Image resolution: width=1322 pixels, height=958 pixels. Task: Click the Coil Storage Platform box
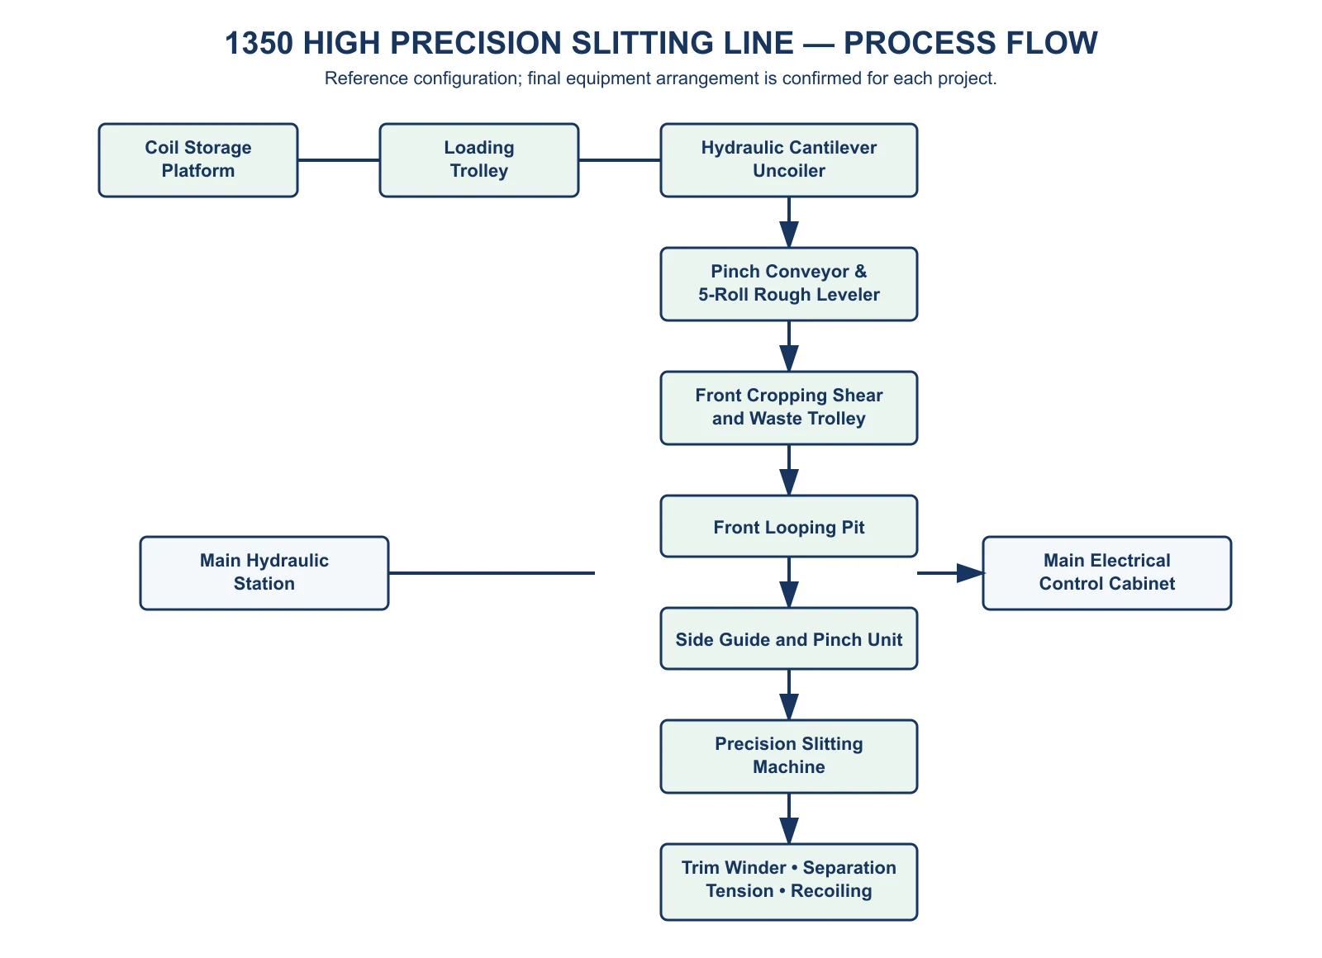tap(198, 160)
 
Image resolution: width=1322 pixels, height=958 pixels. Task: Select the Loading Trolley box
tap(478, 160)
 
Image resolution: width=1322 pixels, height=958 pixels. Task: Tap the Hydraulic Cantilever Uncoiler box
tap(788, 160)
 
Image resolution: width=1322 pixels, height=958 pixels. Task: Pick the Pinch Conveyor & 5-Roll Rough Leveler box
tap(788, 284)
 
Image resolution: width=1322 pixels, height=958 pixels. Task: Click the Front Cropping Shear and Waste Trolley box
tap(788, 408)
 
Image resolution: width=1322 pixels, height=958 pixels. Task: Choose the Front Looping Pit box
tap(788, 526)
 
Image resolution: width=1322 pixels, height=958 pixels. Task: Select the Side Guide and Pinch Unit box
tap(788, 638)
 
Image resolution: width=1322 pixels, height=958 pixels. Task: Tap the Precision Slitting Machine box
tap(788, 756)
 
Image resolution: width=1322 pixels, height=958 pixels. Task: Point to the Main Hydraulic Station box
tap(264, 573)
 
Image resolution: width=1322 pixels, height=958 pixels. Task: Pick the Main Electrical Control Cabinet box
tap(1106, 573)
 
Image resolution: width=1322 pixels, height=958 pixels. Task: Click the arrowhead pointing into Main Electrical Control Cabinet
tap(971, 573)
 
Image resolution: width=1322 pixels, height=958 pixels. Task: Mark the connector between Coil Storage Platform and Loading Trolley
tap(339, 160)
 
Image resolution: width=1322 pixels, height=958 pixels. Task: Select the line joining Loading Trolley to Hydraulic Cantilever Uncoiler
tap(620, 160)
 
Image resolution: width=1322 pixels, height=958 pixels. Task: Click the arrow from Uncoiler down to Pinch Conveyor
tap(788, 222)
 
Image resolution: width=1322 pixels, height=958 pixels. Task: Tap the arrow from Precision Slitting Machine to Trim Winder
tap(788, 818)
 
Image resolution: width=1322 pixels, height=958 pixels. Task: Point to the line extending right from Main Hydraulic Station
tap(492, 573)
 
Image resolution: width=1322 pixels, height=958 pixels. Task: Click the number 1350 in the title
tap(259, 43)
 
